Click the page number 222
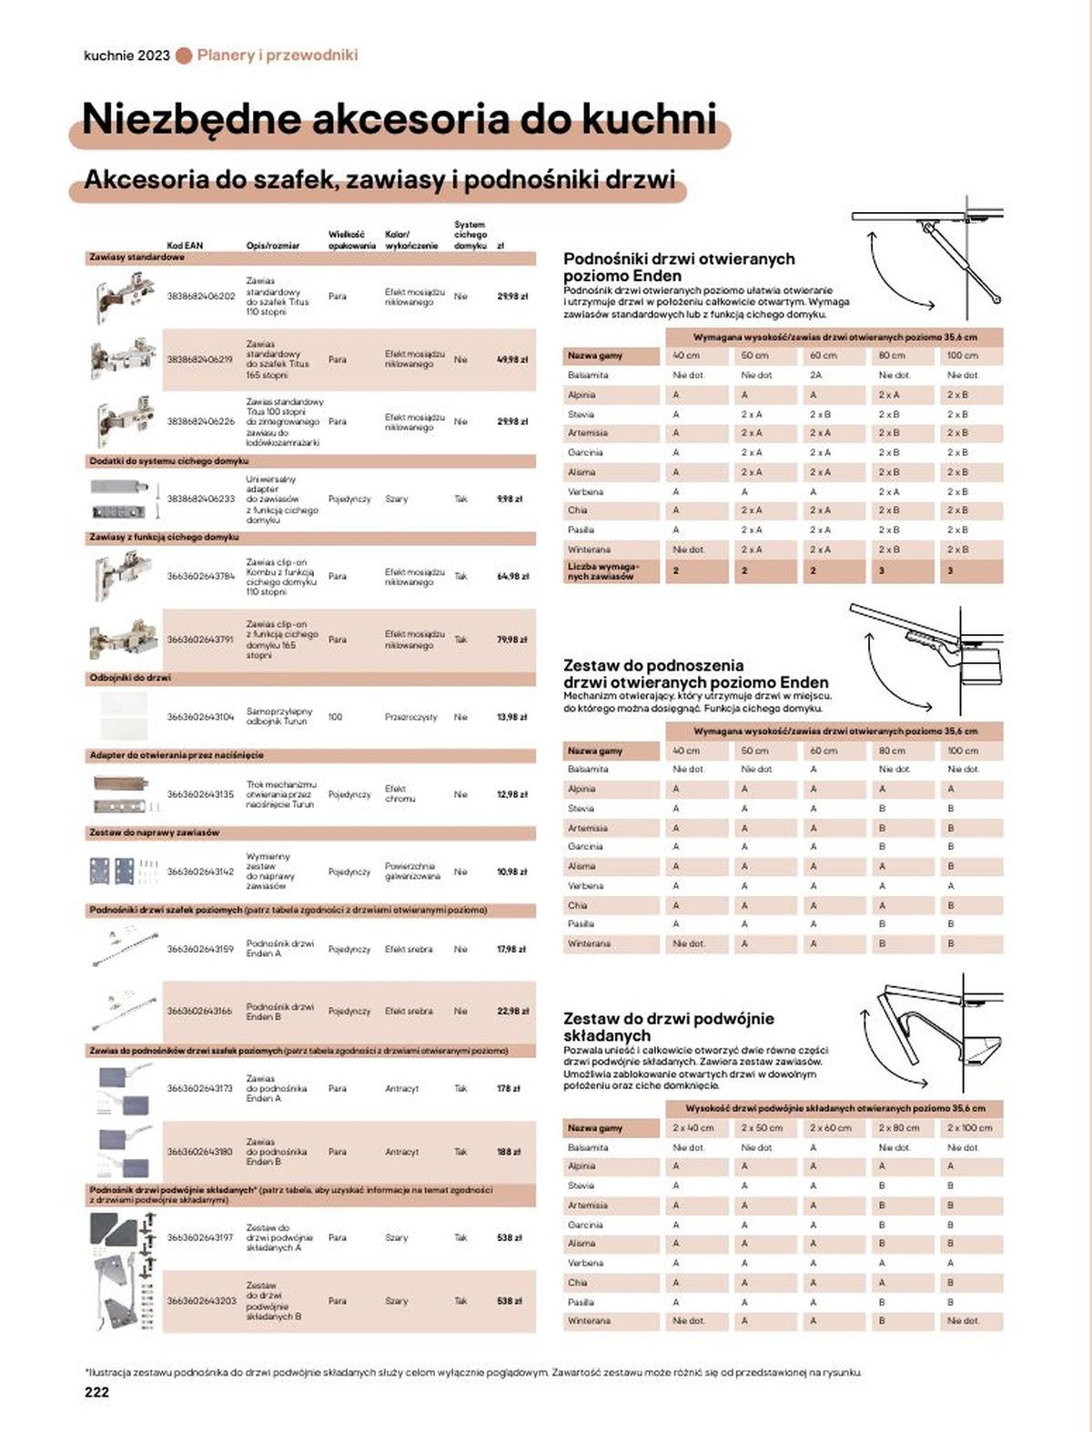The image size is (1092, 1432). coord(96,1392)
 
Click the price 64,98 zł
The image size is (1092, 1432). coord(512,576)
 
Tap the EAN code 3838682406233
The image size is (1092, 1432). coord(200,499)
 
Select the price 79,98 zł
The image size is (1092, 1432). coord(512,640)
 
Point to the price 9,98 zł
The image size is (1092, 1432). coord(510,499)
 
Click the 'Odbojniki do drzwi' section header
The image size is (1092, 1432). coord(130,678)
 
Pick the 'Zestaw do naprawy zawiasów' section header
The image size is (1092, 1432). coord(154,832)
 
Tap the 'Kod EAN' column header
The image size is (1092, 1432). coord(185,246)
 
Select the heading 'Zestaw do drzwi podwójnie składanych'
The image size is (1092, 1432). coord(668,1026)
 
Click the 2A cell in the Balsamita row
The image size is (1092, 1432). coord(816,375)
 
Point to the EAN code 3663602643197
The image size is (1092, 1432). coord(200,1237)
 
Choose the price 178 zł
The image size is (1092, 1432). coord(509,1088)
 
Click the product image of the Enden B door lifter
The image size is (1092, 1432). coord(124,1009)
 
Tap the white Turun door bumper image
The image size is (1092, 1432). coord(124,716)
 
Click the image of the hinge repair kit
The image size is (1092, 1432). coord(124,872)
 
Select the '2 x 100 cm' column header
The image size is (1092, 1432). coord(968,1128)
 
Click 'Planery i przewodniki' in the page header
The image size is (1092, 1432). coord(278,55)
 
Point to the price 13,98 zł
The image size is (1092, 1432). coord(512,717)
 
